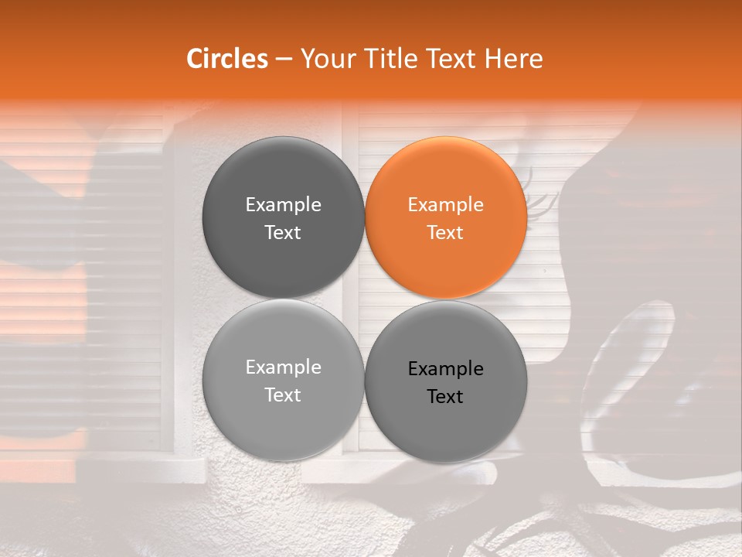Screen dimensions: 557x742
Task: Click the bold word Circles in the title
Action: (x=226, y=59)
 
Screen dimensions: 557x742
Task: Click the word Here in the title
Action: (x=514, y=59)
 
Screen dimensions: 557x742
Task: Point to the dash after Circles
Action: (x=284, y=60)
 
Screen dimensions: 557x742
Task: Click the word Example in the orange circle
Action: (x=446, y=205)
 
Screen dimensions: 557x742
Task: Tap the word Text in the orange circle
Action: (x=446, y=233)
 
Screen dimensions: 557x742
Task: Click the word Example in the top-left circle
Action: (x=284, y=205)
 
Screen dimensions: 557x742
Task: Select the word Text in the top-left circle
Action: (x=284, y=233)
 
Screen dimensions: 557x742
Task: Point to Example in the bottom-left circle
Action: (x=284, y=367)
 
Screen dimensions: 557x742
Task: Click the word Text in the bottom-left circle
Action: (x=284, y=395)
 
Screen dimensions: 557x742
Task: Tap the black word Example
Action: (x=446, y=369)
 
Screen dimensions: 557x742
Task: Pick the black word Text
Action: (x=446, y=397)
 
